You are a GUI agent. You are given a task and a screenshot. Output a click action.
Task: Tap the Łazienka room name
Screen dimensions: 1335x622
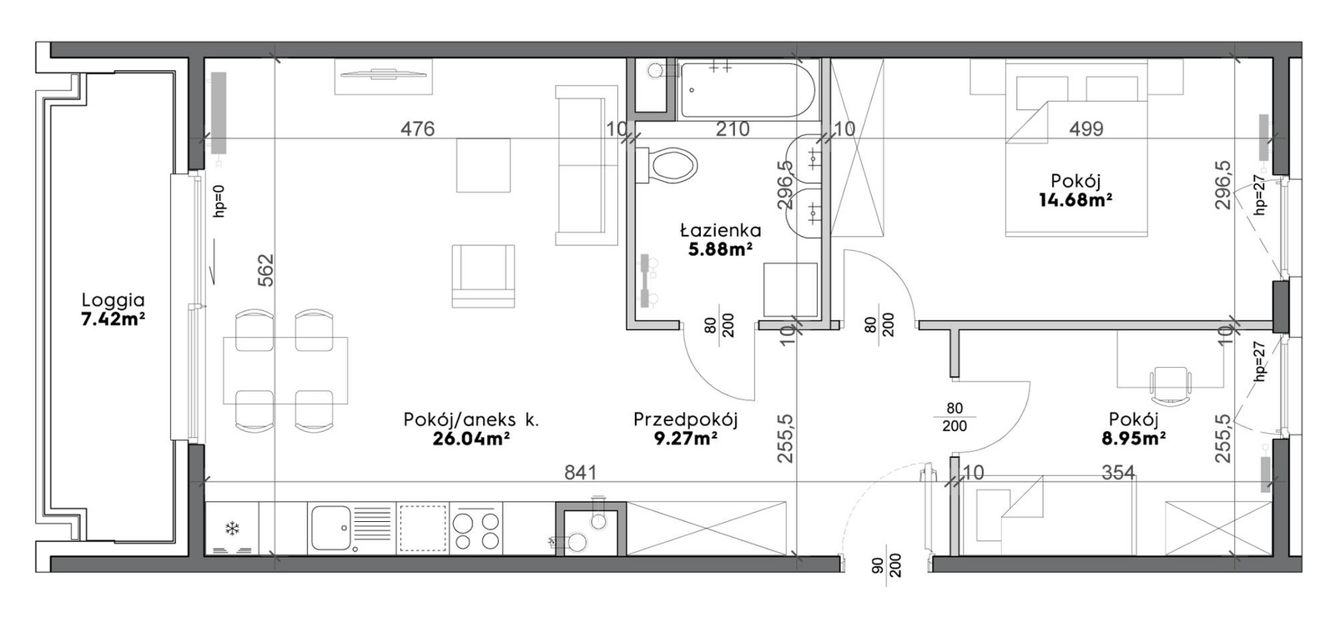(x=721, y=230)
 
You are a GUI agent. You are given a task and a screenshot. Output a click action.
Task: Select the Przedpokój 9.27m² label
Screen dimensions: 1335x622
(x=685, y=429)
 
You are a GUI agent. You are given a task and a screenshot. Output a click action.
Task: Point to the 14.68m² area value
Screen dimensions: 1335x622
(x=1076, y=199)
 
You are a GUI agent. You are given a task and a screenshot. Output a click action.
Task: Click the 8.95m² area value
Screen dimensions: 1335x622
(x=1134, y=439)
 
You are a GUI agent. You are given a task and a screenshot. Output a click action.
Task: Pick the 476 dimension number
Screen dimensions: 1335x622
(x=417, y=128)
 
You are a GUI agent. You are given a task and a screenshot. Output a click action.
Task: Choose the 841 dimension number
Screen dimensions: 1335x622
(x=581, y=473)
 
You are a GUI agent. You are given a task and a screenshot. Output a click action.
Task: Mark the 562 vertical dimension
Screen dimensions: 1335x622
(x=266, y=270)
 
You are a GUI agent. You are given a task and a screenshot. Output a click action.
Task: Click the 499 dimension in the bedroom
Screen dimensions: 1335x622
(x=1086, y=128)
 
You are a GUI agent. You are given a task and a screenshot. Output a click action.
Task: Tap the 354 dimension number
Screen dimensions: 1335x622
(x=1118, y=473)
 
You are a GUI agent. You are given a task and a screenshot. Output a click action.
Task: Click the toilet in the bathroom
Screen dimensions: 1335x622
(x=667, y=165)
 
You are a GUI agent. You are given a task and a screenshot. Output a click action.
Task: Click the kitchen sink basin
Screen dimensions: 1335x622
(x=331, y=528)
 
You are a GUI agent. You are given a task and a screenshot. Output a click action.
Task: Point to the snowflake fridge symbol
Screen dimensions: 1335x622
(x=231, y=528)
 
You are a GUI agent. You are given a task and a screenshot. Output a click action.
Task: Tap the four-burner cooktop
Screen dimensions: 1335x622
(x=476, y=529)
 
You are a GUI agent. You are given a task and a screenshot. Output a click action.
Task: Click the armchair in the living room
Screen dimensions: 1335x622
(x=483, y=276)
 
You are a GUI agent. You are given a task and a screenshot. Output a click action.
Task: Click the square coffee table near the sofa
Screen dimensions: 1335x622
(x=483, y=165)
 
